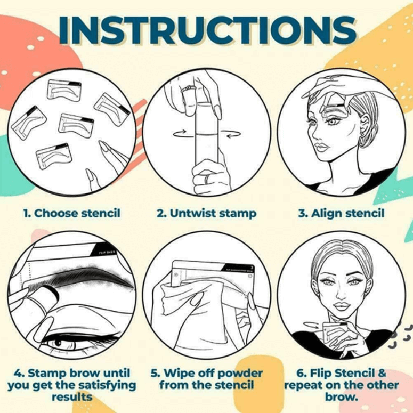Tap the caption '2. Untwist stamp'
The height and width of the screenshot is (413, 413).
pos(206,214)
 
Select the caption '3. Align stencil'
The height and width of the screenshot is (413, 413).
pos(341,214)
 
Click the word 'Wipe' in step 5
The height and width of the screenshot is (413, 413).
pos(184,372)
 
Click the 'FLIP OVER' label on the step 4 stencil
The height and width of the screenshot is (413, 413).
pos(107,249)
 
